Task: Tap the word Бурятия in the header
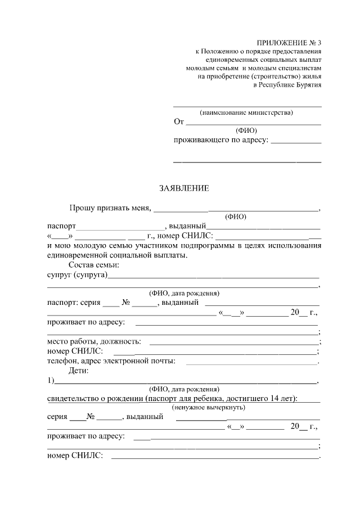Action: (x=307, y=85)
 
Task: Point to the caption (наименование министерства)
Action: (x=247, y=112)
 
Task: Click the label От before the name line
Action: (x=179, y=122)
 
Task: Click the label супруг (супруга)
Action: (x=78, y=275)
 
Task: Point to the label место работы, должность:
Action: (x=94, y=341)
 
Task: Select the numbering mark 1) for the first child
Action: (x=51, y=381)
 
